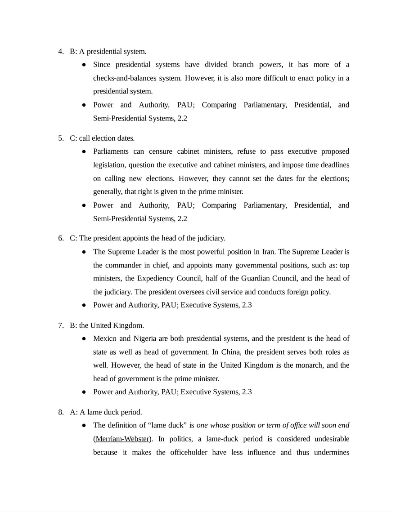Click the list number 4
click(60, 52)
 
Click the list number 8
click(60, 412)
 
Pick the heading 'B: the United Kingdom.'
click(107, 325)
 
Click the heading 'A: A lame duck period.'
click(106, 412)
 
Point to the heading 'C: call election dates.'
click(102, 138)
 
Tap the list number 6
click(60, 238)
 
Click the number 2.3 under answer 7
click(247, 392)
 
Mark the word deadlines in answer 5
click(334, 165)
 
